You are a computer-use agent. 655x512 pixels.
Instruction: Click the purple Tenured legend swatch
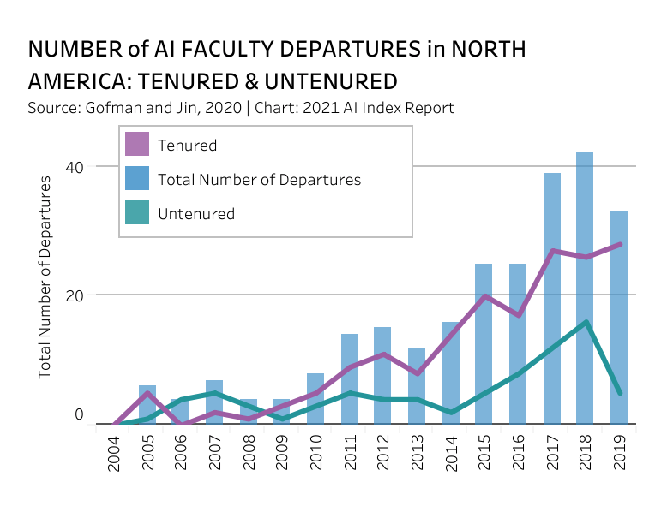[x=137, y=145]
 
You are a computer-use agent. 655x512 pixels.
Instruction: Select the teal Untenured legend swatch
[x=137, y=213]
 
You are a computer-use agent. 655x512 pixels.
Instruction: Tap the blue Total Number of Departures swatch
[x=137, y=179]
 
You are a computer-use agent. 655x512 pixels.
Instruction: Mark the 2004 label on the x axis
[x=115, y=452]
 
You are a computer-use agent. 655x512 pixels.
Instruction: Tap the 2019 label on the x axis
[x=619, y=452]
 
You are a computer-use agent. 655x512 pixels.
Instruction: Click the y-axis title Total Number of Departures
[x=45, y=277]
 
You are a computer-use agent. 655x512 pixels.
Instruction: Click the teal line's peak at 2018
[x=585, y=322]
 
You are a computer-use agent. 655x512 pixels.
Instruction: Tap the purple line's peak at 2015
[x=484, y=296]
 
